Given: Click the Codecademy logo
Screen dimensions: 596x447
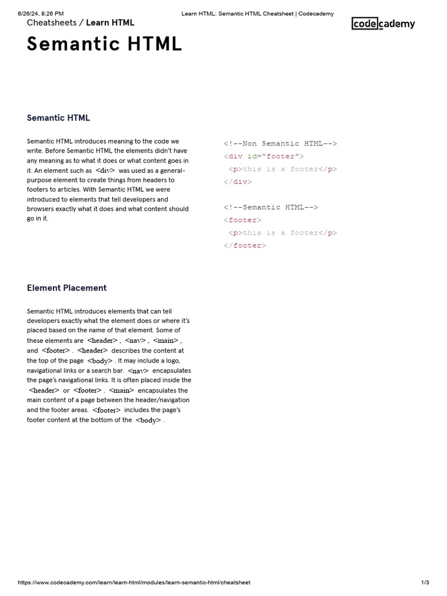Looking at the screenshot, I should pos(384,24).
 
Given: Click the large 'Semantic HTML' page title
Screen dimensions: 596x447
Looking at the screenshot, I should pos(105,44).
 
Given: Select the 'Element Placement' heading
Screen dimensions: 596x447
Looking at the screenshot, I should pos(67,288).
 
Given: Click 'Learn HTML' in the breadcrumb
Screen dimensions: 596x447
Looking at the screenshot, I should pos(110,23).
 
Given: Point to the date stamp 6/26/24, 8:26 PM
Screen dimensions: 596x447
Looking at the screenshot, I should pos(41,13).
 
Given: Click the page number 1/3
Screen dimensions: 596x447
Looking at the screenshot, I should pos(425,583).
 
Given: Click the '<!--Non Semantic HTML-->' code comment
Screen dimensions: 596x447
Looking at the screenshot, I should pos(280,143).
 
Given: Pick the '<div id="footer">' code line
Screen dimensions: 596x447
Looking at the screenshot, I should pos(264,156).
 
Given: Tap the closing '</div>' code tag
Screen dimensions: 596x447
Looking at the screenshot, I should pos(237,182).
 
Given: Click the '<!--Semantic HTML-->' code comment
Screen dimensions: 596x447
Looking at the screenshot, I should pos(271,207).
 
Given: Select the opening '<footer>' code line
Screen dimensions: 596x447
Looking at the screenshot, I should pos(243,220).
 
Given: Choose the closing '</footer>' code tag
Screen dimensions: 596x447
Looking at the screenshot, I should pos(244,246).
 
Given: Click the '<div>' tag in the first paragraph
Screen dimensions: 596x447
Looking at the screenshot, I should pos(105,171).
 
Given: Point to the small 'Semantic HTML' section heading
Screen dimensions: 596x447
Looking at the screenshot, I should pos(58,118).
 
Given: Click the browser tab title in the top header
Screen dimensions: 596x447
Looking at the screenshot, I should pos(257,13).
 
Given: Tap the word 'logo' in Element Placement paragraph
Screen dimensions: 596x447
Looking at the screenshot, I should pos(172,361).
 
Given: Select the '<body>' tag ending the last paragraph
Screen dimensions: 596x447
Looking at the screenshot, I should pos(148,420).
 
